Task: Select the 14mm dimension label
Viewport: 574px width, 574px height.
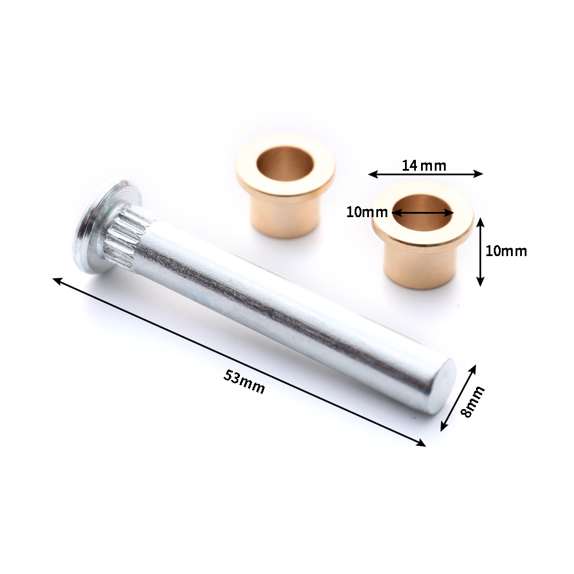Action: coord(424,166)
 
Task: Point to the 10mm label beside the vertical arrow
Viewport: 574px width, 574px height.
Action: coord(506,251)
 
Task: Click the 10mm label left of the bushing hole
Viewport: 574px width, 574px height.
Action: coord(367,212)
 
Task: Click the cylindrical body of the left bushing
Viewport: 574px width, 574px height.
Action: coord(285,218)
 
